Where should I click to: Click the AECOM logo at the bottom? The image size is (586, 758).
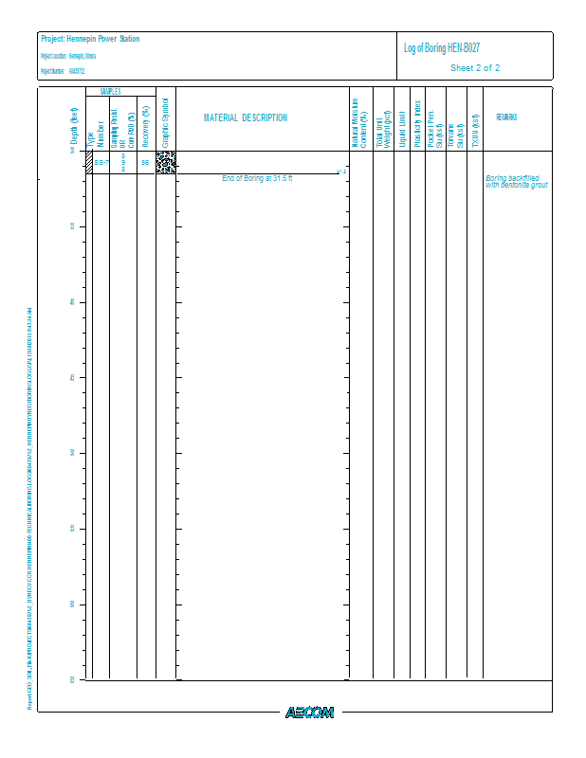(x=309, y=713)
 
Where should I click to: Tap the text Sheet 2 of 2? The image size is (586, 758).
(x=475, y=68)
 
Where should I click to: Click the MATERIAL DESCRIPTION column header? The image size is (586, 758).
(x=246, y=118)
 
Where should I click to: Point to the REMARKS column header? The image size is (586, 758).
(x=506, y=118)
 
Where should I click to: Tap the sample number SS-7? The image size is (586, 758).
(x=101, y=163)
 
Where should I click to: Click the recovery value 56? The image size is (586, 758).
(x=145, y=163)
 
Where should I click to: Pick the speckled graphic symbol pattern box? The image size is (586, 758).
(x=166, y=162)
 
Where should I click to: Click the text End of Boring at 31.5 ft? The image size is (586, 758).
(x=258, y=178)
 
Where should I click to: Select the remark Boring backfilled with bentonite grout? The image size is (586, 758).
(x=517, y=181)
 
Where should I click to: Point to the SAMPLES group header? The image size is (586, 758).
(x=110, y=92)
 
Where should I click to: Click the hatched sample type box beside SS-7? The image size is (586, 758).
(x=88, y=162)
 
